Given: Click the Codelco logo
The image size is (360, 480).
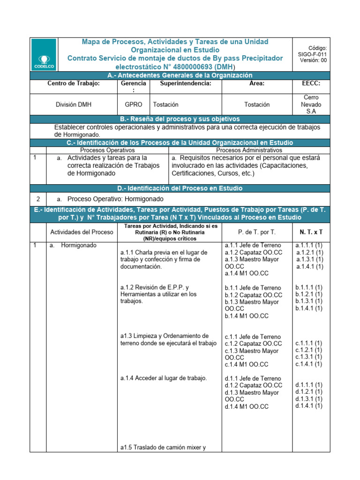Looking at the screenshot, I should point(45,54).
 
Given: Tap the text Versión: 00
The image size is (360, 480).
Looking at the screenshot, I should point(313,60).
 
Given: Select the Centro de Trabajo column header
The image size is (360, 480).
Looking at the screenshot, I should point(74,83).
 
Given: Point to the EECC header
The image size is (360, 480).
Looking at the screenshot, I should point(311,83).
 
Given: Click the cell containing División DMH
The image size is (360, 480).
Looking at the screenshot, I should point(74,105).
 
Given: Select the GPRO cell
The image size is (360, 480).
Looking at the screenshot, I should point(134,105).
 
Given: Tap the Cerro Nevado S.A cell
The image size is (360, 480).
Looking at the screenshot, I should point(311,105).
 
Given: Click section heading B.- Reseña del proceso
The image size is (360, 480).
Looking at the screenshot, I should point(180,119).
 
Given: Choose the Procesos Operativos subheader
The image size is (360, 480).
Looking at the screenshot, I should point(107,150).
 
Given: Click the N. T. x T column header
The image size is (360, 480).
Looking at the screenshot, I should point(311,232).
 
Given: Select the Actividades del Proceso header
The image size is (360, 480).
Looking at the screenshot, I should point(82,232).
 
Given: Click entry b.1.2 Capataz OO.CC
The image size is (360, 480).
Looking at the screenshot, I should point(253,295).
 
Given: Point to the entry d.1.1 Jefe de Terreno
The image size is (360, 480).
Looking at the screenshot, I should point(253,378).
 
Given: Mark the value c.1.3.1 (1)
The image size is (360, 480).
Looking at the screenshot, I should point(308,357).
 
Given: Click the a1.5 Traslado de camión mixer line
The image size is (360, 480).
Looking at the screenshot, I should point(163,447).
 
